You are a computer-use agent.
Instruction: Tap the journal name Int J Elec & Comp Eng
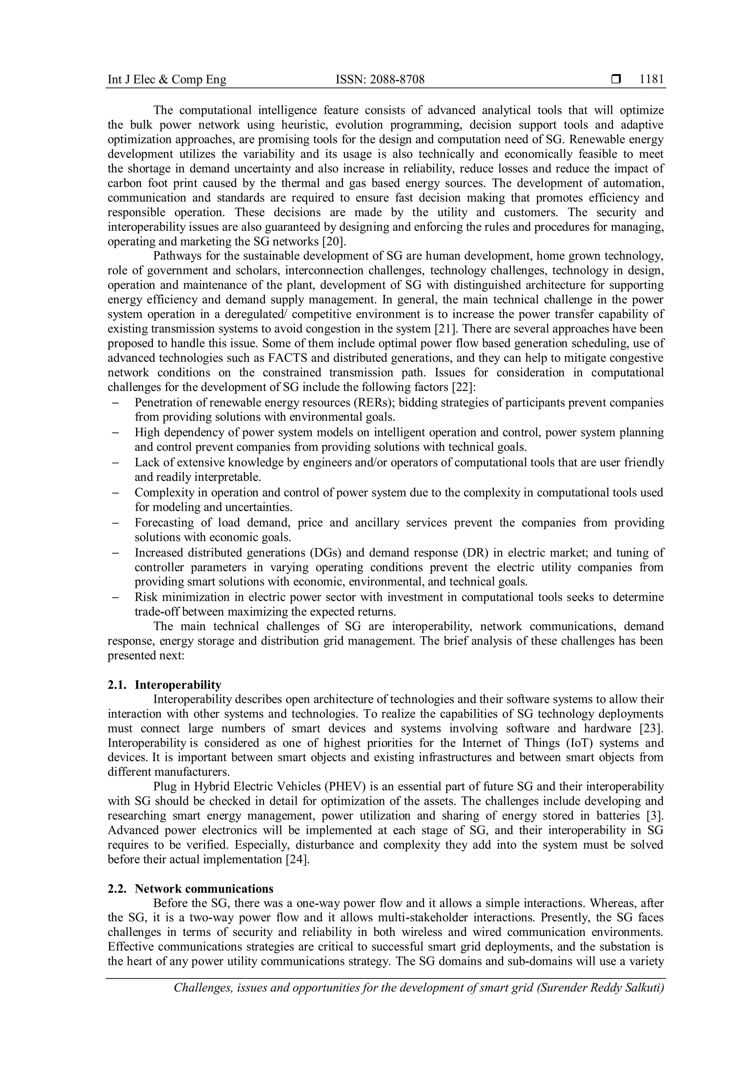click(x=167, y=80)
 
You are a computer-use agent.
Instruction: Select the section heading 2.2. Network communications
click(x=190, y=889)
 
